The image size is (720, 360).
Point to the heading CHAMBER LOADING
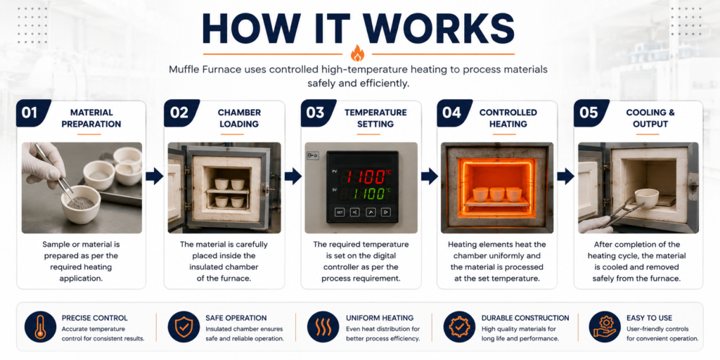click(239, 118)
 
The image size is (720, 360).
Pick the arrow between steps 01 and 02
click(155, 175)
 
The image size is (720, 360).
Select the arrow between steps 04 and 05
click(566, 175)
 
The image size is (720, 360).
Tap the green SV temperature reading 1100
click(365, 193)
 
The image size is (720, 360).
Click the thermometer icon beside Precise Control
click(40, 326)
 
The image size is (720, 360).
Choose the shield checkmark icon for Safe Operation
click(184, 326)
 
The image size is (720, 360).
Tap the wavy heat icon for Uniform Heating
click(323, 326)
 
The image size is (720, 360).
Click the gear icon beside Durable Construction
click(459, 326)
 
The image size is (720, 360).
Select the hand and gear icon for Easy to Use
click(604, 326)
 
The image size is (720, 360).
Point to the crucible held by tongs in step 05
click(647, 198)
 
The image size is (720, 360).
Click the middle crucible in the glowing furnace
click(498, 194)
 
